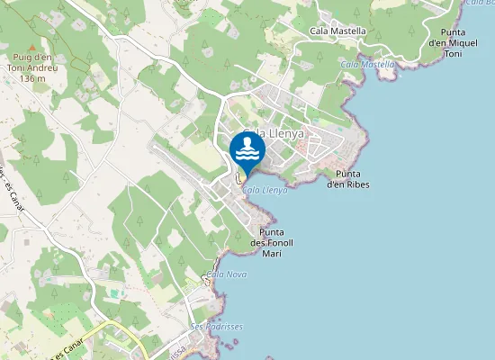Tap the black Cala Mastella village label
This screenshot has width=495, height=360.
click(x=337, y=31)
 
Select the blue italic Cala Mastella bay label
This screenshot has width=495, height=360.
click(x=367, y=64)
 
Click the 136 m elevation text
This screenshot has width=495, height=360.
click(x=31, y=78)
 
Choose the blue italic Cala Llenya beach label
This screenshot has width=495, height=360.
click(x=265, y=190)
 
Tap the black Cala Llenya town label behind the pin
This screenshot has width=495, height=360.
click(x=274, y=134)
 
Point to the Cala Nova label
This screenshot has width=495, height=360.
click(x=227, y=274)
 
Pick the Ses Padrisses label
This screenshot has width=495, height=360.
click(x=217, y=326)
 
